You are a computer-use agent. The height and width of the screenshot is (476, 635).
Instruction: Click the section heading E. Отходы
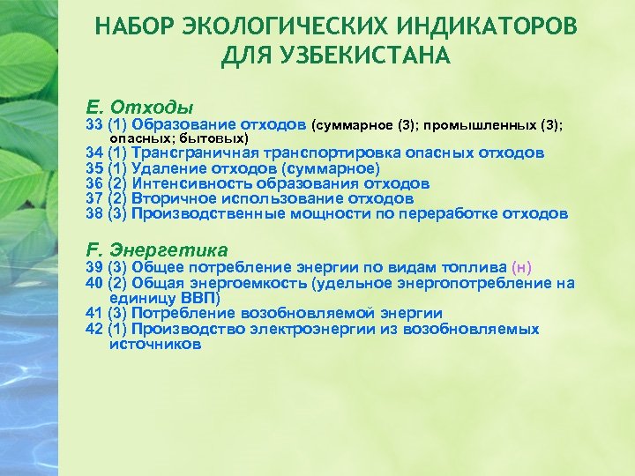tap(140, 108)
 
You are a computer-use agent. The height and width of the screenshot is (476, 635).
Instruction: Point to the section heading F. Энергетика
tap(158, 249)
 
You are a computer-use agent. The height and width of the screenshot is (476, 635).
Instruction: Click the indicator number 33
tap(94, 125)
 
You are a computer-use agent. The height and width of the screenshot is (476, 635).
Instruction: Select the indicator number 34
tap(94, 152)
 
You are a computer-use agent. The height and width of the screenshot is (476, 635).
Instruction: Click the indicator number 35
tap(94, 168)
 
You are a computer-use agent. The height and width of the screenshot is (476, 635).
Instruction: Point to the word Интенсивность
tap(190, 183)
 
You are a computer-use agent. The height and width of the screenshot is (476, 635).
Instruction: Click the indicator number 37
tap(94, 198)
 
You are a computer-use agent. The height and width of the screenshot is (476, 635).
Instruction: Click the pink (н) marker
tap(521, 267)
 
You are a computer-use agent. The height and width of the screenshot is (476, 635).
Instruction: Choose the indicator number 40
tap(94, 283)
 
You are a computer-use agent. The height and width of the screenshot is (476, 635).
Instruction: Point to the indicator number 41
tap(94, 313)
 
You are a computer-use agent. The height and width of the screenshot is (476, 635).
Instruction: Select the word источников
tap(155, 344)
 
